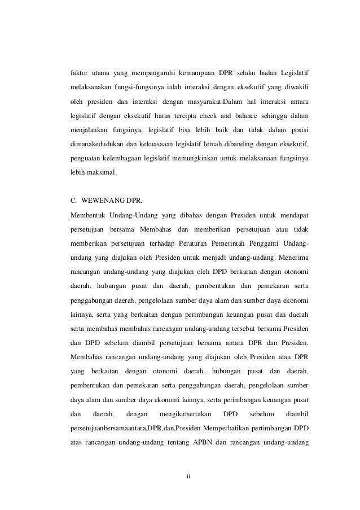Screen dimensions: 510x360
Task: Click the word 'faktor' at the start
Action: [x=80, y=74]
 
